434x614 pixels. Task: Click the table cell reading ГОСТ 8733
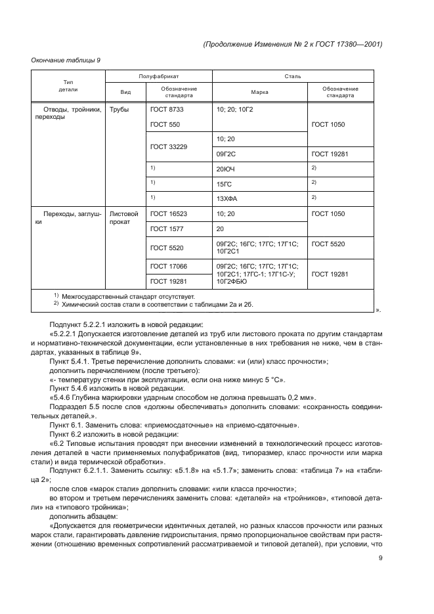[x=163, y=109]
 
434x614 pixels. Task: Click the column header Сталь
[x=292, y=77]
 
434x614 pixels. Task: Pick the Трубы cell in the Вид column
[x=119, y=109]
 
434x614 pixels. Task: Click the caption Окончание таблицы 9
[x=66, y=60]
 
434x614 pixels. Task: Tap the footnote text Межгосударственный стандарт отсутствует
[x=124, y=296]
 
